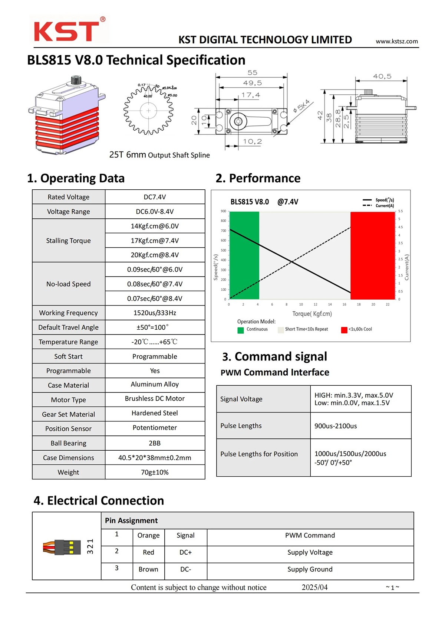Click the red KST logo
(x=67, y=31)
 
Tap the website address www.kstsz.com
(x=396, y=41)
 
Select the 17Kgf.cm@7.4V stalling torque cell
(x=155, y=241)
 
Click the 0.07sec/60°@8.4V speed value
(x=155, y=298)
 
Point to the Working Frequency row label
(x=69, y=313)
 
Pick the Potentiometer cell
(x=155, y=428)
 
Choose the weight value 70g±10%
(x=155, y=472)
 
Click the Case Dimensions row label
(x=69, y=458)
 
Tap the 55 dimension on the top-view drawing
(x=252, y=73)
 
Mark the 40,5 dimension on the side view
(x=382, y=76)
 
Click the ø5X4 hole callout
(x=301, y=106)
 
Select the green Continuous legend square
(x=241, y=330)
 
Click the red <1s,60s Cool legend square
(x=344, y=330)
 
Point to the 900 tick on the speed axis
(x=223, y=211)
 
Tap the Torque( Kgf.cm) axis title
(x=312, y=314)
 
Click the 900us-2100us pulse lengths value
(x=336, y=426)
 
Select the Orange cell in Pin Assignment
(x=148, y=535)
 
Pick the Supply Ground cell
(x=310, y=569)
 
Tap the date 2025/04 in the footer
(x=314, y=587)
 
